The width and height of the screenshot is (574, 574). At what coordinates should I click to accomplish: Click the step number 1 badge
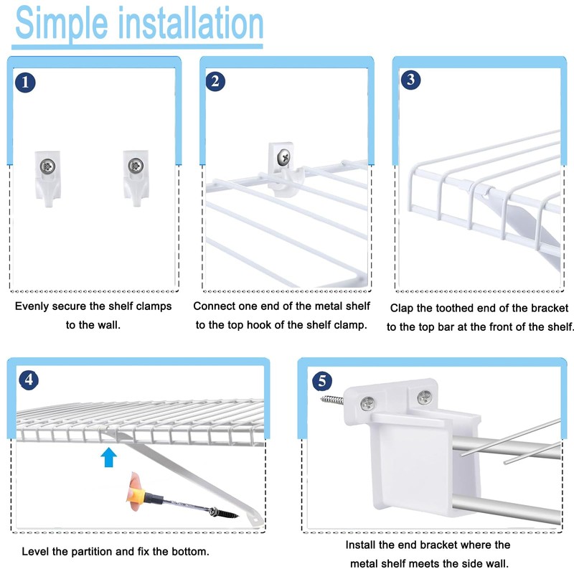[x=25, y=83]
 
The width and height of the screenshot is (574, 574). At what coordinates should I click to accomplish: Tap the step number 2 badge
[x=215, y=81]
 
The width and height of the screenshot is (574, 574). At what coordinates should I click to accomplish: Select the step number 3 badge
[x=410, y=79]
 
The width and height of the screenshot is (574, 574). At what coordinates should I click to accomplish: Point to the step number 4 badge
[x=27, y=380]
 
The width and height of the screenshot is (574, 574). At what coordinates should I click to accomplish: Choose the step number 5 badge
[x=321, y=380]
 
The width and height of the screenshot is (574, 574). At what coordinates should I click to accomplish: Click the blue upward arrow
[x=108, y=457]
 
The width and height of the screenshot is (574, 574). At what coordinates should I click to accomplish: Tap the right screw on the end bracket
[x=425, y=395]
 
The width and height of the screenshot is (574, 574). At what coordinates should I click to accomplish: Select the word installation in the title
[x=189, y=24]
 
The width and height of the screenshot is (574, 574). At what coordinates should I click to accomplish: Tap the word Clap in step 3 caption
[x=403, y=308]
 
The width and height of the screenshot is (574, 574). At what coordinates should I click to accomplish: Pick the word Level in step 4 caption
[x=35, y=552]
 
